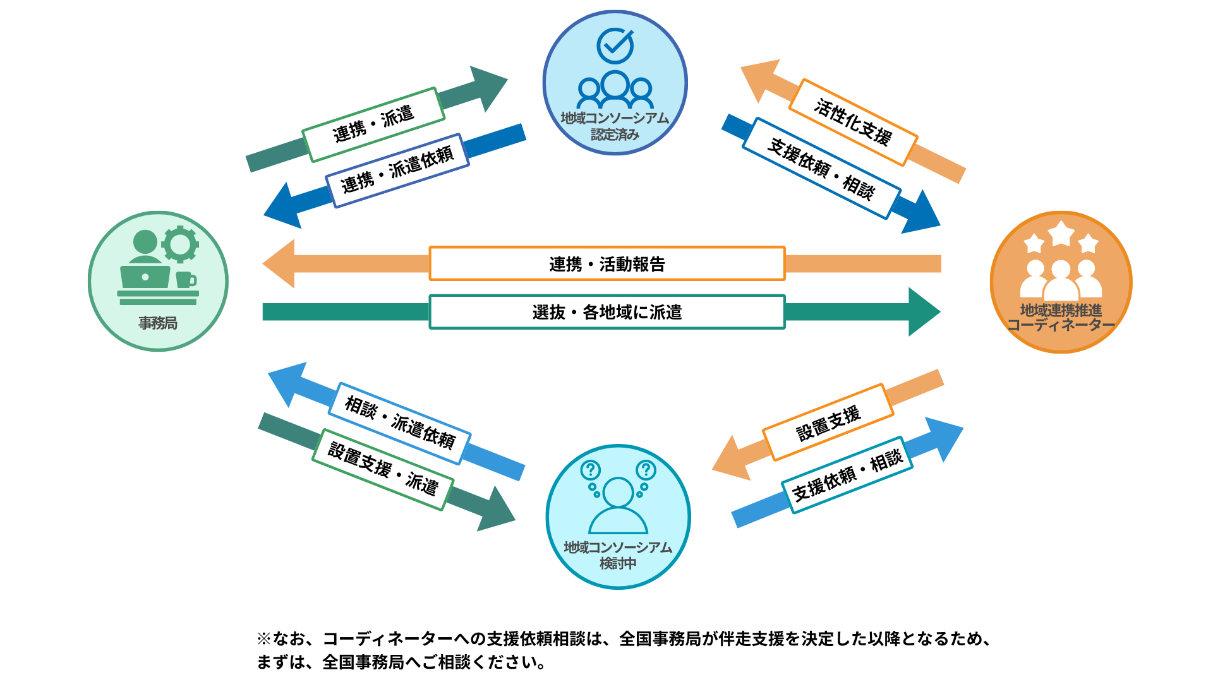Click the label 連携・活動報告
tap(606, 263)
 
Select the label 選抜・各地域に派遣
tap(606, 312)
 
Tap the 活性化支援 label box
tap(853, 122)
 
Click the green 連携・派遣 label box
tap(373, 124)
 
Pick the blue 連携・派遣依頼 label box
tap(397, 170)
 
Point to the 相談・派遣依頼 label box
tap(399, 423)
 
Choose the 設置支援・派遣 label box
tap(383, 469)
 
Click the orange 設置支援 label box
tap(828, 422)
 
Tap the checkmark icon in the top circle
tap(615, 45)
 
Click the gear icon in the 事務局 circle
tap(180, 244)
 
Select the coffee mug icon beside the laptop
tap(186, 279)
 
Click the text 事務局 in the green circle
tap(158, 323)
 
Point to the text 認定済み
tap(615, 135)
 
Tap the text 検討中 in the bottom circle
tap(618, 563)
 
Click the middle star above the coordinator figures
tap(1061, 234)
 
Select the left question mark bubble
tap(591, 470)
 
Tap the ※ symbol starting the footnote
tap(263, 639)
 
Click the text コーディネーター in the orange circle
tap(1061, 325)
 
